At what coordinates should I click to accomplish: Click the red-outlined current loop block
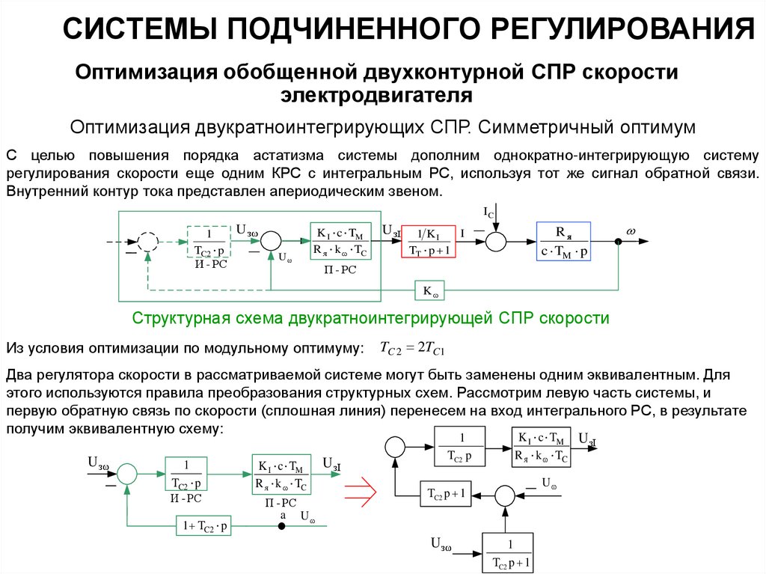[429, 241]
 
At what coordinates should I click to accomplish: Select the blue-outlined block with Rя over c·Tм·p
[563, 241]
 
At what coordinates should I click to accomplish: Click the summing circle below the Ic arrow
[494, 241]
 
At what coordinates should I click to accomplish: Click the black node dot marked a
[283, 527]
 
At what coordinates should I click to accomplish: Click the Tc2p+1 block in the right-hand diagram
[446, 494]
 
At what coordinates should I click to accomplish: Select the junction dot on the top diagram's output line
[618, 241]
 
